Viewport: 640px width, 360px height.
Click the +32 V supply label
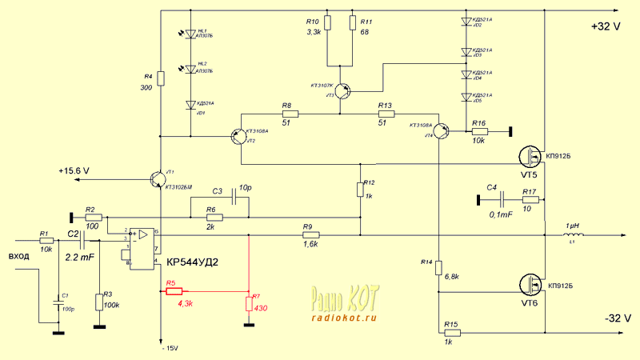[606, 26]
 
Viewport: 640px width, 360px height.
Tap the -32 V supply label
[606, 318]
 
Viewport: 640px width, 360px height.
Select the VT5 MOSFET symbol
[530, 155]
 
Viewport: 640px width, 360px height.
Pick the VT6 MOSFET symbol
[530, 284]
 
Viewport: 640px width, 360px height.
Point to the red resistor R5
[174, 292]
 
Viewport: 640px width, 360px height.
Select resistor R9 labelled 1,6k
[310, 235]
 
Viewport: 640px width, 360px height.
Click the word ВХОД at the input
[18, 257]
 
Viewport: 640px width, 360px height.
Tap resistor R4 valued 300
[161, 78]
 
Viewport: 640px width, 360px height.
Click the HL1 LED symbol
[190, 34]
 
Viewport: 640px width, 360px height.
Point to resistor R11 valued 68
[352, 22]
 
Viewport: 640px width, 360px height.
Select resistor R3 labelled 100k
[99, 302]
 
